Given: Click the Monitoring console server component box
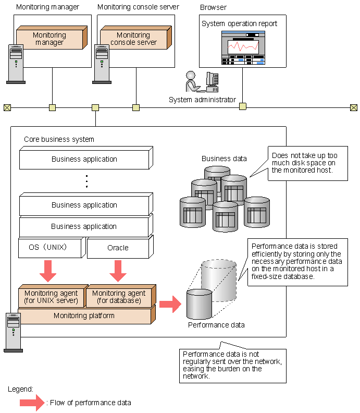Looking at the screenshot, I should click(x=133, y=39).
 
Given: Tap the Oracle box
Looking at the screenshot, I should click(x=118, y=248).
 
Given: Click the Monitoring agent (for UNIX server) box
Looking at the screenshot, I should click(x=51, y=296).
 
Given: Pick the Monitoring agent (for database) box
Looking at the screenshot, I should click(x=119, y=296).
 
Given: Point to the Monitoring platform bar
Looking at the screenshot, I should click(x=84, y=315).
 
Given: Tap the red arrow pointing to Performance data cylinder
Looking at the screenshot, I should click(x=169, y=304).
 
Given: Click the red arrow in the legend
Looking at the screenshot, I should click(x=32, y=402).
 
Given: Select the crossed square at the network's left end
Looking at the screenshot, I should click(x=7, y=108).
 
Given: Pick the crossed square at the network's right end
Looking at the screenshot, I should click(x=354, y=108).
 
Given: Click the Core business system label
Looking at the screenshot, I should click(x=59, y=139).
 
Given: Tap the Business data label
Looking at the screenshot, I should click(x=224, y=159).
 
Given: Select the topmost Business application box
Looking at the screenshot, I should click(x=84, y=159).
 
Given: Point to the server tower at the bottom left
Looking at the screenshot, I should click(x=13, y=332).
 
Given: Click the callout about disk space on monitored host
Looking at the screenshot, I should click(x=307, y=163).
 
